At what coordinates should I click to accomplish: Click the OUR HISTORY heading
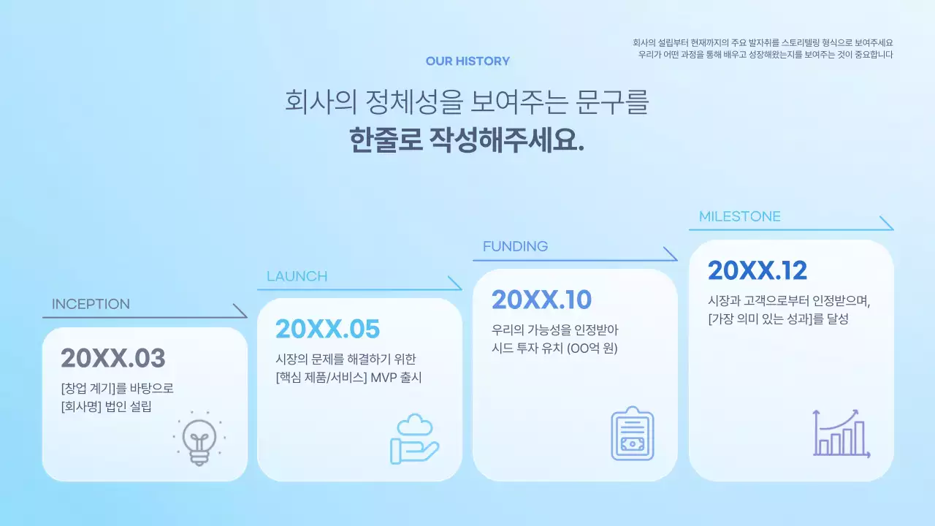pos(467,61)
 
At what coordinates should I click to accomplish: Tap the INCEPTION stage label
pos(91,305)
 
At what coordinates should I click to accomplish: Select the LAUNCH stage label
pos(297,276)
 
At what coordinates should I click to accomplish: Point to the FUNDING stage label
pos(515,246)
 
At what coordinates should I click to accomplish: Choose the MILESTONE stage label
pos(739,216)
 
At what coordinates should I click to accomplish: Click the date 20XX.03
pos(113,358)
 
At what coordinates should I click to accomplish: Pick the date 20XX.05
pos(328,329)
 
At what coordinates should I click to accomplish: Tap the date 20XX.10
pos(541,300)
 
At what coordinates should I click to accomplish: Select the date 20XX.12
pos(757,270)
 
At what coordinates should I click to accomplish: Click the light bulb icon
pos(199,438)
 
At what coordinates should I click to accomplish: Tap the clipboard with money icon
pos(632,434)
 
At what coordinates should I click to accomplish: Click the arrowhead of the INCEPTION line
pos(240,311)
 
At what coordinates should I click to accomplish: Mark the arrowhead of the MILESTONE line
pos(887,224)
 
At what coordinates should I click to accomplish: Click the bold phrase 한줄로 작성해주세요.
pos(467,139)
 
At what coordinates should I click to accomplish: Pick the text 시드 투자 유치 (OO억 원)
pos(555,348)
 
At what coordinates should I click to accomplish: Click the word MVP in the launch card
pos(384,378)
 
